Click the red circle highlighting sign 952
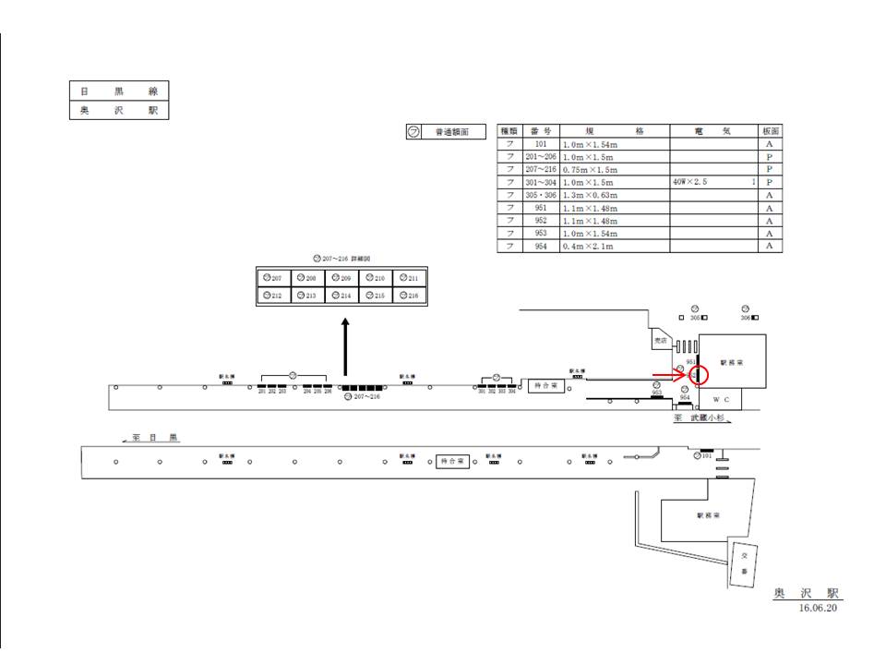[699, 375]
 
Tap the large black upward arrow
[346, 347]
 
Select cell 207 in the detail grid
[273, 278]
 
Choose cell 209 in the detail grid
[342, 278]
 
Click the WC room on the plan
[722, 400]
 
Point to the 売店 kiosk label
[660, 340]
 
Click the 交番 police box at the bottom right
[744, 563]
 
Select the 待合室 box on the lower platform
[453, 461]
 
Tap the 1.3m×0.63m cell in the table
[614, 196]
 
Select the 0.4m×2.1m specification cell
[614, 247]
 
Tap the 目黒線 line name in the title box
[119, 91]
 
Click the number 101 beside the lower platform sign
[707, 456]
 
